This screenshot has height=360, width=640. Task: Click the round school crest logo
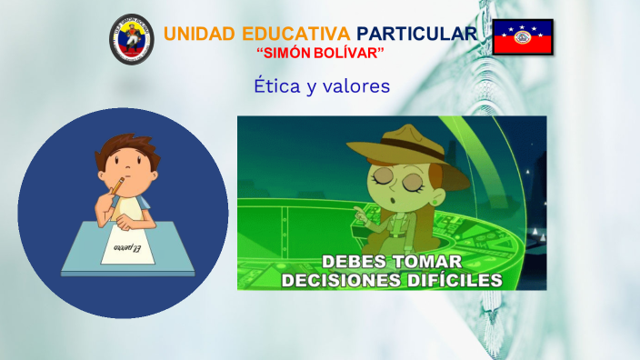(132, 39)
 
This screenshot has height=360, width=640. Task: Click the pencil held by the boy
(115, 188)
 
